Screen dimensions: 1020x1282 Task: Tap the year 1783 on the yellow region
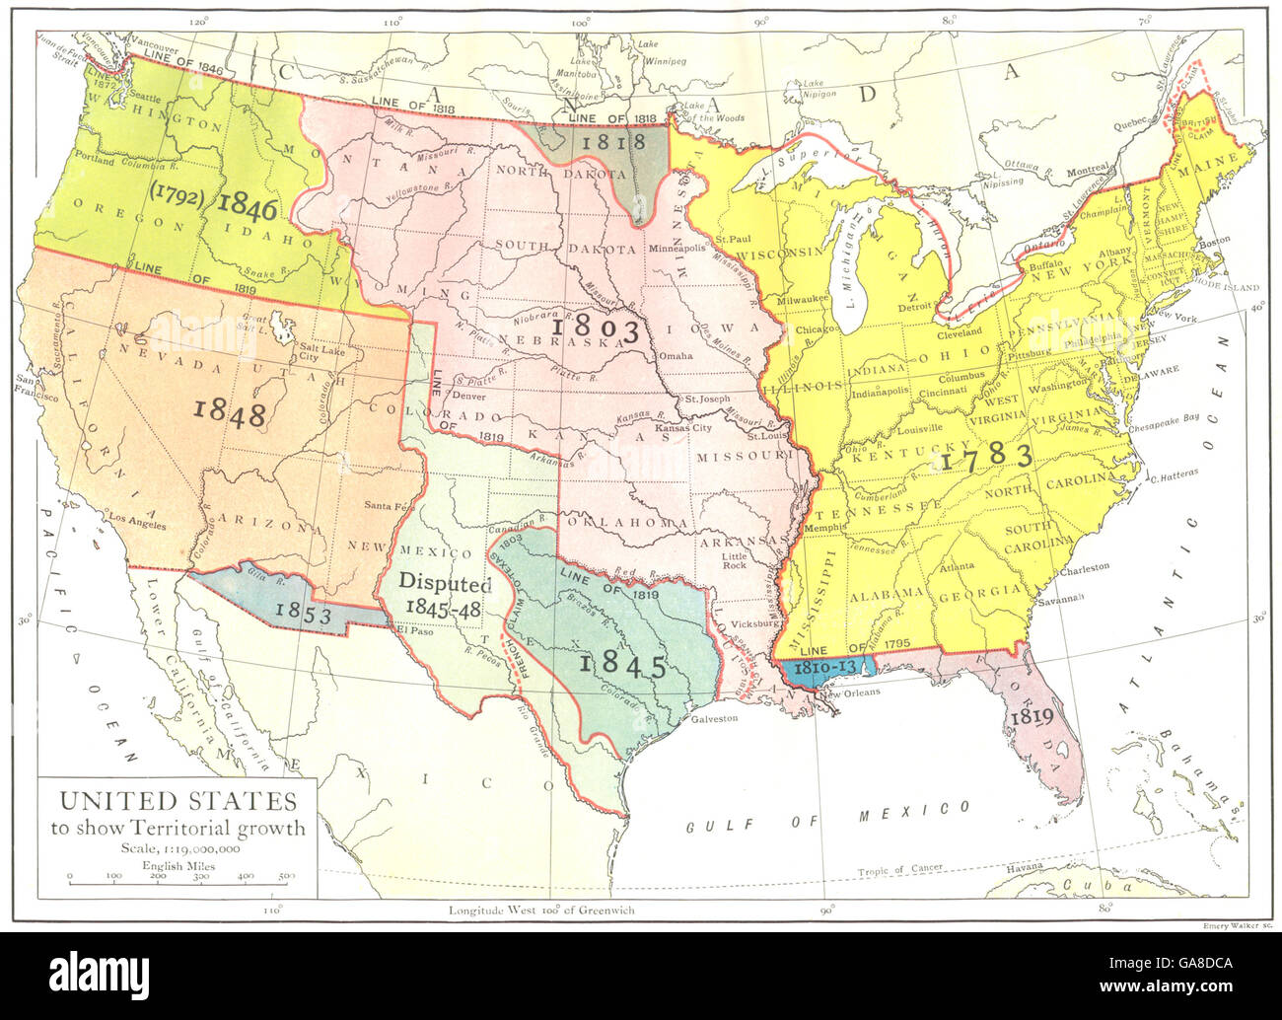coord(986,456)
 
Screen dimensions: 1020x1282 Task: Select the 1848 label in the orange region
coord(230,412)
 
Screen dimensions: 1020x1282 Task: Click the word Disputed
coord(445,583)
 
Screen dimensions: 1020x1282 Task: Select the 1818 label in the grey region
coord(612,141)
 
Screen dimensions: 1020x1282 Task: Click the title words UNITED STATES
coord(177,799)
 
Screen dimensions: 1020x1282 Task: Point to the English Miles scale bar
coord(178,877)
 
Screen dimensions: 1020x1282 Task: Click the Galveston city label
coord(714,718)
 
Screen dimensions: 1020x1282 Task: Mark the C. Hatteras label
coord(1174,474)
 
